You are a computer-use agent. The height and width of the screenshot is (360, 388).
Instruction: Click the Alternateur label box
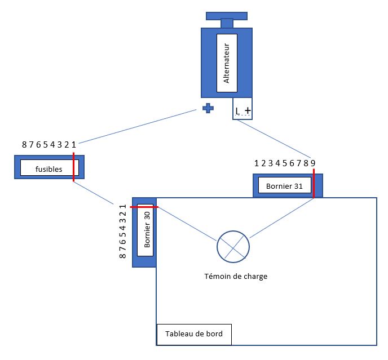(x=227, y=62)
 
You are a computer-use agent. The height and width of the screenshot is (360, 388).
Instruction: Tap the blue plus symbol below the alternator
(x=208, y=108)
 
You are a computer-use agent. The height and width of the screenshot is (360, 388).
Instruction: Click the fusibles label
(x=48, y=168)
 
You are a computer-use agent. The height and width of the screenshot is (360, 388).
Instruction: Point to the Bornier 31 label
(x=285, y=185)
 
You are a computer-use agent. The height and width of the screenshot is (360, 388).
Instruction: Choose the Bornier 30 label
(x=145, y=229)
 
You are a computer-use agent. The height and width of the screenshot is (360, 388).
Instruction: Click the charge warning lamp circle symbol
(x=233, y=246)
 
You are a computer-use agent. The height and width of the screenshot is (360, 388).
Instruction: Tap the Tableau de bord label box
(x=194, y=334)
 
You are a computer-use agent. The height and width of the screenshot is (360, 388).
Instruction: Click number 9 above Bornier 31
(x=313, y=164)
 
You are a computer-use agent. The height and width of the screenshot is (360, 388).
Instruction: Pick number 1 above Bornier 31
(x=257, y=164)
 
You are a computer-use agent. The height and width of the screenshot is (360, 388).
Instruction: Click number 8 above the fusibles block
(x=24, y=145)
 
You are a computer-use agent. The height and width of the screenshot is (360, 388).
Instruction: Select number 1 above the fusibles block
(x=73, y=145)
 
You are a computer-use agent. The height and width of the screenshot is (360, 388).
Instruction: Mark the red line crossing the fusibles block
(x=73, y=167)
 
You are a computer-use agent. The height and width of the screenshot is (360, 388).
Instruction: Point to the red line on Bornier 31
(x=314, y=183)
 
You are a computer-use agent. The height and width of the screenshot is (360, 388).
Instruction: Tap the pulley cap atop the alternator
(x=226, y=16)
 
